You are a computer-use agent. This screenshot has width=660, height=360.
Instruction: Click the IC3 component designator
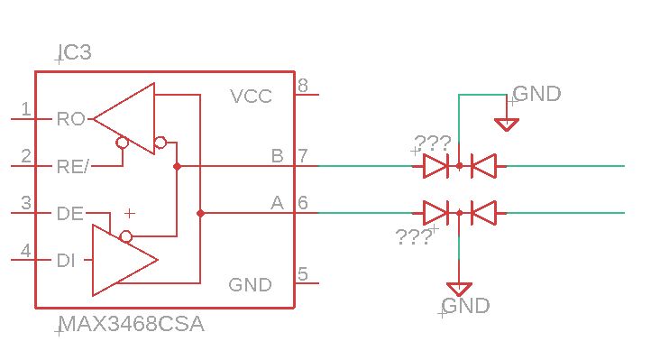point(73,53)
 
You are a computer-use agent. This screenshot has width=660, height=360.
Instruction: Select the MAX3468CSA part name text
point(131,325)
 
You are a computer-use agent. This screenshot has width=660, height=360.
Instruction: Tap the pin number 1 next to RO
point(26,110)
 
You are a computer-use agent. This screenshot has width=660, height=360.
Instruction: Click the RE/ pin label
point(73,166)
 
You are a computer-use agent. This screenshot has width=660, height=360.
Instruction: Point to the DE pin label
point(69,214)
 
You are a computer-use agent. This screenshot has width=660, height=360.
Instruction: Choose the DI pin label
point(66,261)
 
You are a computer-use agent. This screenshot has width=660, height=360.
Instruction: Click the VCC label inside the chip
point(251,97)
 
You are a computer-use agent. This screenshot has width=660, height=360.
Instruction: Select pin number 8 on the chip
point(303,87)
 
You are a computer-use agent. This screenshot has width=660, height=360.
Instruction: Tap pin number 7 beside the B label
point(303,156)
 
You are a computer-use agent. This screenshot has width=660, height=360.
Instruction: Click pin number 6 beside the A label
point(303,204)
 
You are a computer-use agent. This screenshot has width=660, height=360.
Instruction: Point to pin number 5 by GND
point(303,274)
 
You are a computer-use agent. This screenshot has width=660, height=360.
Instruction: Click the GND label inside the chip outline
point(250,285)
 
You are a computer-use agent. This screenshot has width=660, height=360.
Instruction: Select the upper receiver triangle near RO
point(126,118)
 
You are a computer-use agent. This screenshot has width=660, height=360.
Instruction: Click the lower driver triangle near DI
point(122,260)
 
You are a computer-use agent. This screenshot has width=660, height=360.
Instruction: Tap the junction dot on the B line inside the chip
point(177,166)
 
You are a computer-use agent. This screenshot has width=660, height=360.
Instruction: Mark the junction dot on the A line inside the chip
point(200,213)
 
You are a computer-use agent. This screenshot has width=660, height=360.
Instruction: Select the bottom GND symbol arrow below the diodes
point(460,290)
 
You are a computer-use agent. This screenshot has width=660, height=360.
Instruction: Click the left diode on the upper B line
point(435,166)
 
